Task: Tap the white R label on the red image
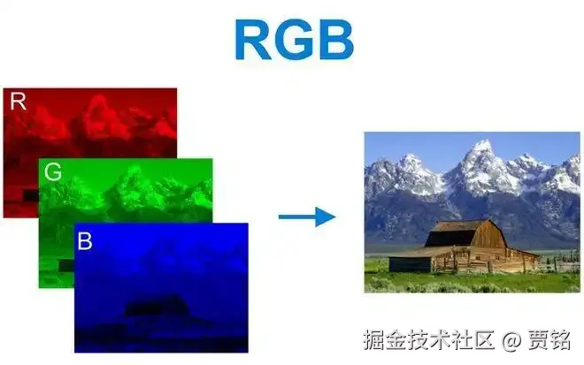[x=18, y=102]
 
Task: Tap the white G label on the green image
[x=53, y=173]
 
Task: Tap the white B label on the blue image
[x=85, y=240]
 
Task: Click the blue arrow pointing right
[x=306, y=216]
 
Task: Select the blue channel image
[x=159, y=292]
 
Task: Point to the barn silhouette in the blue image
[x=154, y=308]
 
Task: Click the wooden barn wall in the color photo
[x=496, y=251]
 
